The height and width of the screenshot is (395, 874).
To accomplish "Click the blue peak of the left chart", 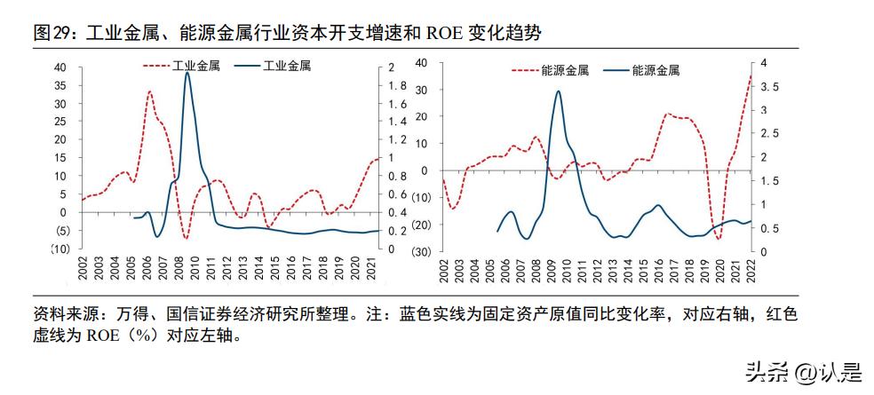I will pos(187,73).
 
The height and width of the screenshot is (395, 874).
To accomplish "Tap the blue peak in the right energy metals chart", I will pos(559,91).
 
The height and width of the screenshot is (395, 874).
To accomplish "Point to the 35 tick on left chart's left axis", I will pos(60,85).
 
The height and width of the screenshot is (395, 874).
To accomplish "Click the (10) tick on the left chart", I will pos(58,249).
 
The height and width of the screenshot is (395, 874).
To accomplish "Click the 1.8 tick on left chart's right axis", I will pos(395,85).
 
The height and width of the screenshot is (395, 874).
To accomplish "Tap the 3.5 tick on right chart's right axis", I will pos(767,87).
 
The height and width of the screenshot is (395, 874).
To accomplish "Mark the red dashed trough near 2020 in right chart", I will pos(718,238).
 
